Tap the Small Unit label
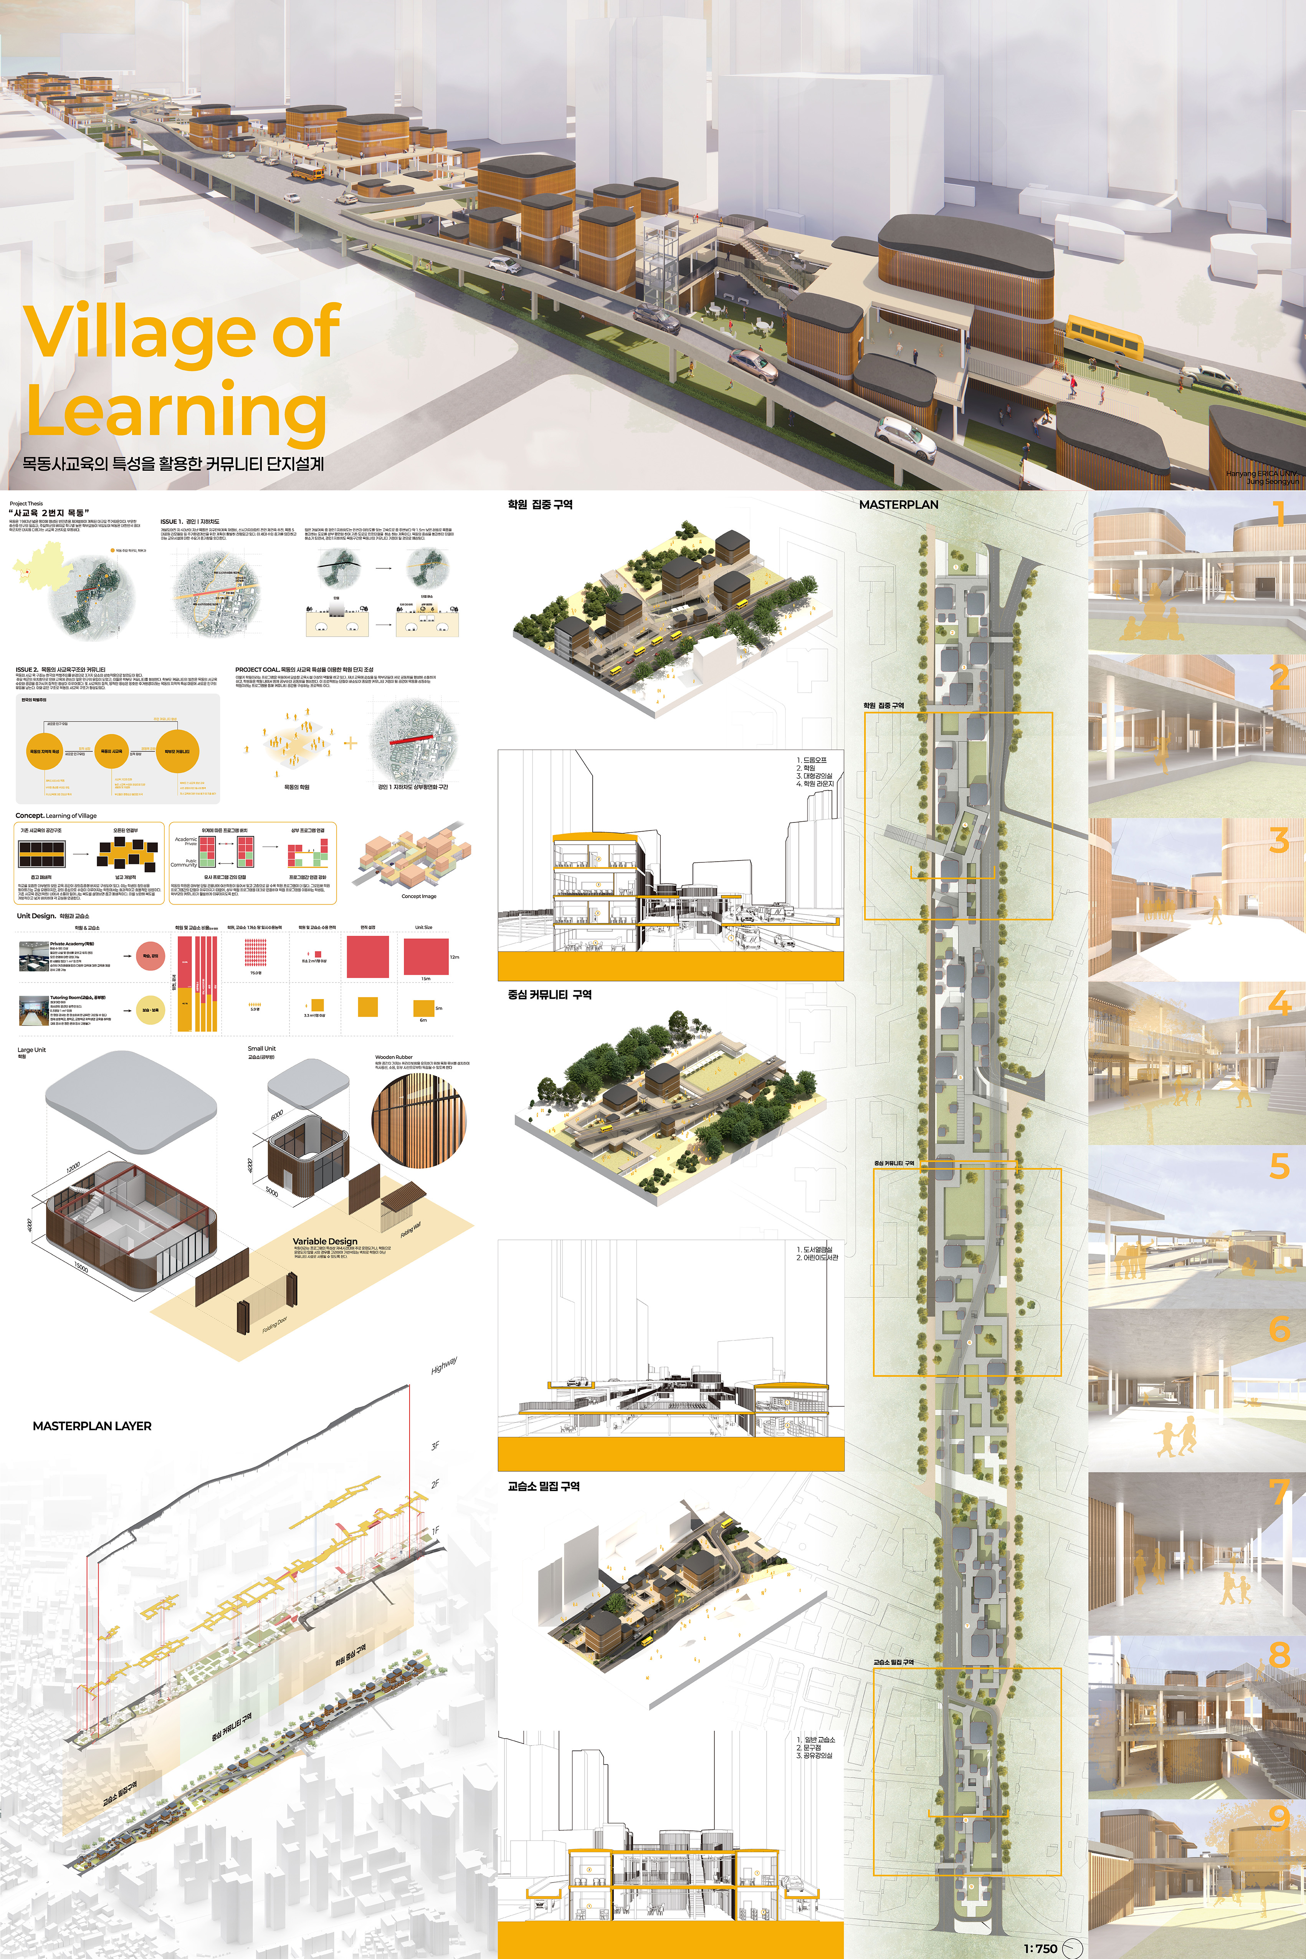coord(261,1049)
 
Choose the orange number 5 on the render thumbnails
coord(1280,1166)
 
